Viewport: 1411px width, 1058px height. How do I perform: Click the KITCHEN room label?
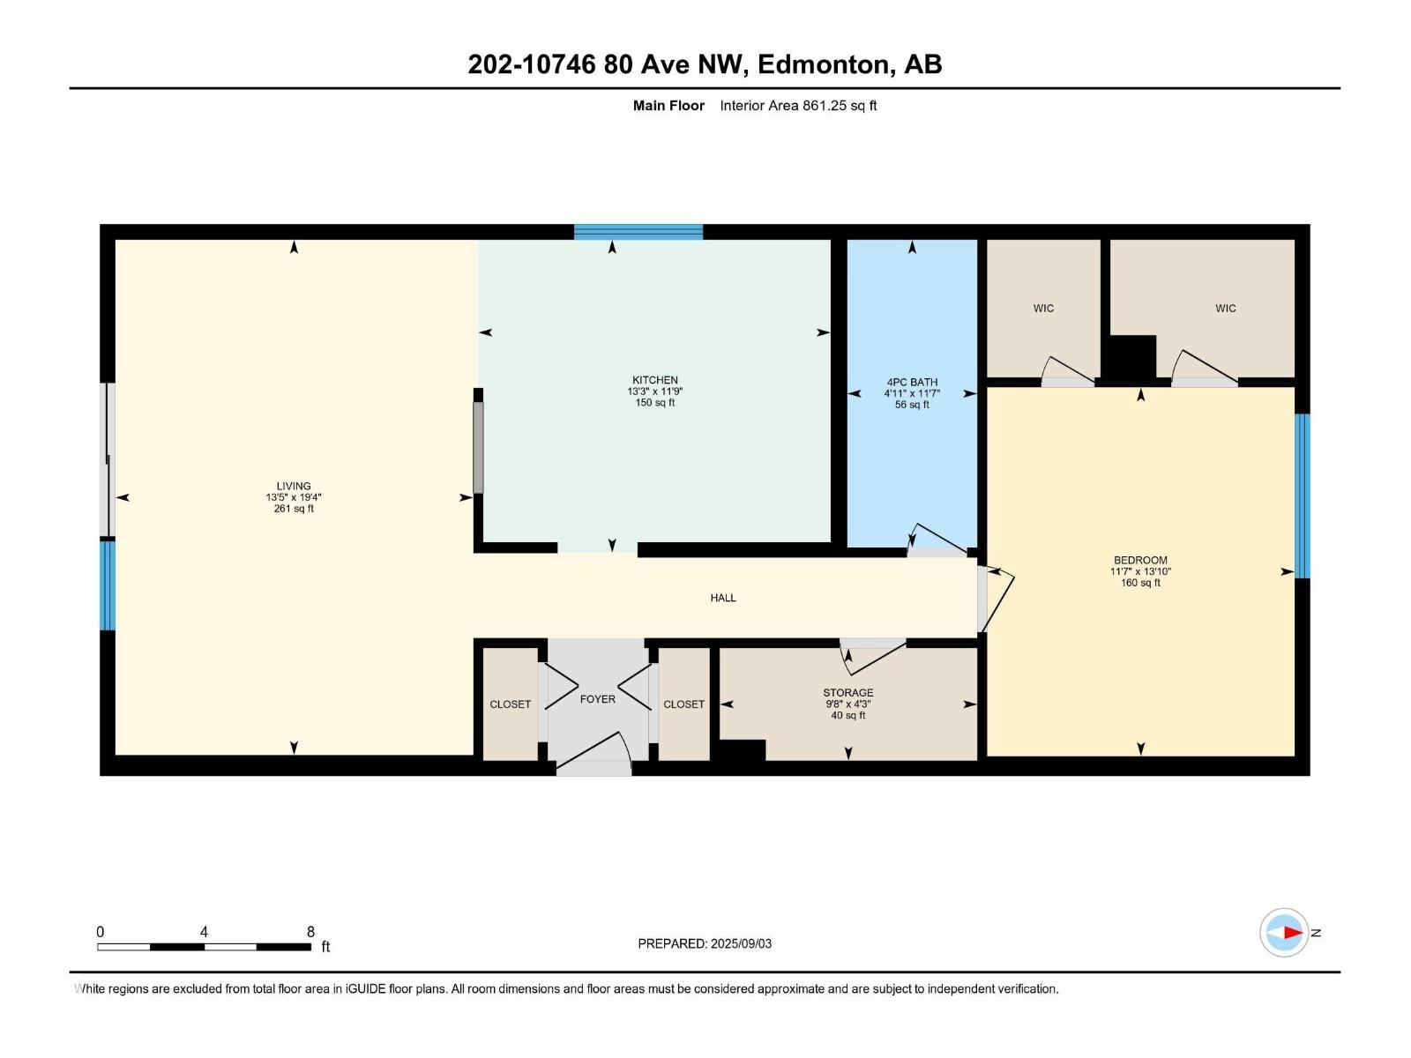[x=654, y=381]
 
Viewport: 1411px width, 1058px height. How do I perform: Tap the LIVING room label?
[x=294, y=486]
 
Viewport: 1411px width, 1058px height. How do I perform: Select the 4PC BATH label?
[x=912, y=383]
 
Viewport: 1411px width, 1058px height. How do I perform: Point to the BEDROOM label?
[x=1140, y=560]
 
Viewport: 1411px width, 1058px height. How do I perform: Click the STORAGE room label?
[x=848, y=693]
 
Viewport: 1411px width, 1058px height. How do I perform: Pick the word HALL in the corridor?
[x=723, y=598]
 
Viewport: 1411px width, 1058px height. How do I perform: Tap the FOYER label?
[x=597, y=699]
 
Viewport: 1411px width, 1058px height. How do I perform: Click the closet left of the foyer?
[x=510, y=704]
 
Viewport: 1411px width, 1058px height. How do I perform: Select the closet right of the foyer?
[x=683, y=704]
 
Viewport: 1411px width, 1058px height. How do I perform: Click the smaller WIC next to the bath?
[x=1043, y=309]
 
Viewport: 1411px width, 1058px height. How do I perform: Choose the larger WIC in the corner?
[x=1225, y=309]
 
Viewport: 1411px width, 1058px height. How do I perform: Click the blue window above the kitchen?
[x=638, y=232]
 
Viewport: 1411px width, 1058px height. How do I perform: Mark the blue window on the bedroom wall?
[x=1302, y=495]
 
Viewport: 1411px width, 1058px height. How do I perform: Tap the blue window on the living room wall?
[x=108, y=585]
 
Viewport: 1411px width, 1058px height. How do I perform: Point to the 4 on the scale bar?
[x=204, y=932]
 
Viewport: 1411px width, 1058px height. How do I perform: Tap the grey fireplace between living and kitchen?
[x=479, y=448]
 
